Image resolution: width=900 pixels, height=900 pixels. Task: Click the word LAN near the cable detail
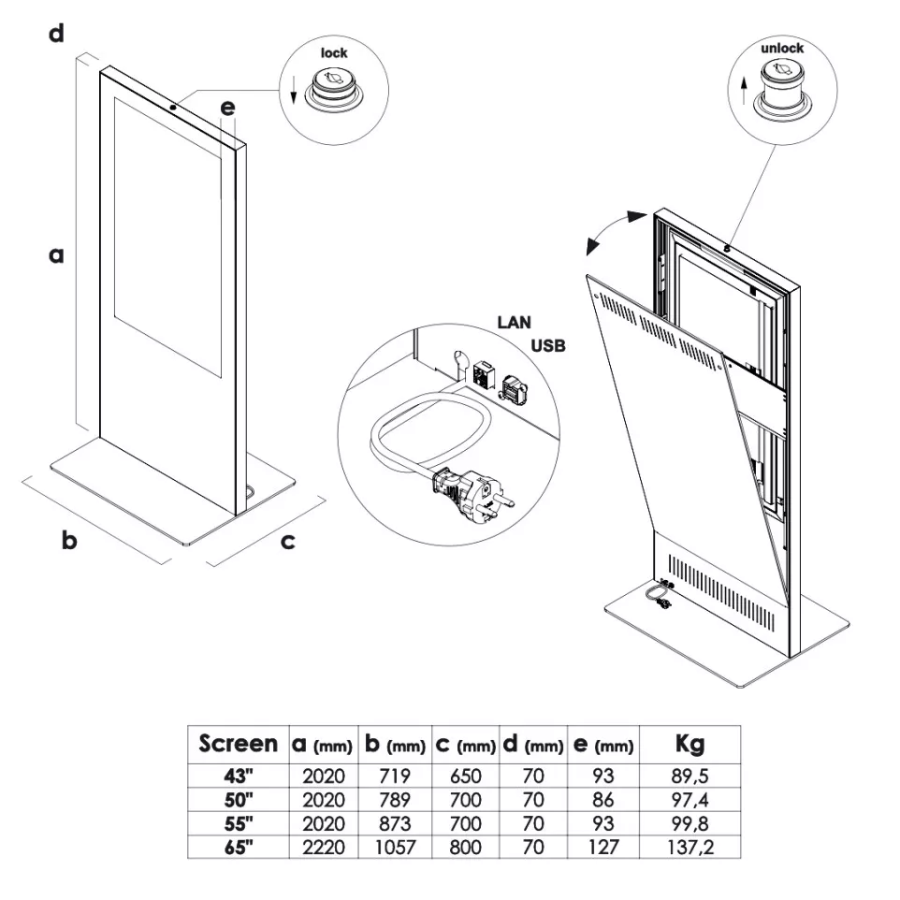(514, 323)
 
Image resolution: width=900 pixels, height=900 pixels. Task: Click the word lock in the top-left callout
(334, 53)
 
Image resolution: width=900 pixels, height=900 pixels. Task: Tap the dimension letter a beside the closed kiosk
(56, 254)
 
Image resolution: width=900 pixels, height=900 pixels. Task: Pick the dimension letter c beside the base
(288, 540)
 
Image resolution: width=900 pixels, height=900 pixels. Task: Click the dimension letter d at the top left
(56, 35)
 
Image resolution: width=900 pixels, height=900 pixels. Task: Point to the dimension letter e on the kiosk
(227, 108)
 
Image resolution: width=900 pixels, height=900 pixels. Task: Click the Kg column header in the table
(690, 745)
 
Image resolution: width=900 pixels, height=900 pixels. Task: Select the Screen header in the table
(238, 745)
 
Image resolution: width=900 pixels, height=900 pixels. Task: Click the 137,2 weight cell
(690, 848)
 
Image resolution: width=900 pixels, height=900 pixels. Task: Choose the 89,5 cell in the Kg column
(690, 776)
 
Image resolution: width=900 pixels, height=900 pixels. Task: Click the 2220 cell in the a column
(324, 848)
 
